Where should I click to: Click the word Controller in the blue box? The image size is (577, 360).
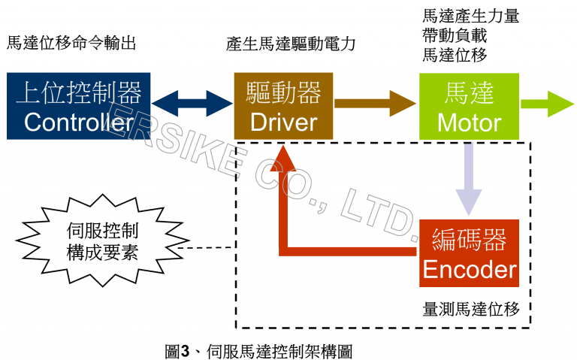(x=78, y=122)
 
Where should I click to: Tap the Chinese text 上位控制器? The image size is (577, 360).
(x=78, y=92)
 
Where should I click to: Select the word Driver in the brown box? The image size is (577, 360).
(x=284, y=122)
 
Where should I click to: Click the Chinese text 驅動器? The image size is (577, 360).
(x=284, y=92)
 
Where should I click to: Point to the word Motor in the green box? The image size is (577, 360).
(x=469, y=122)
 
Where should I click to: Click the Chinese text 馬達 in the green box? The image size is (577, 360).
(x=469, y=93)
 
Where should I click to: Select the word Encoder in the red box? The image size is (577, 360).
(x=470, y=269)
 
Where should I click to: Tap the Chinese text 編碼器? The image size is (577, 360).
(x=470, y=240)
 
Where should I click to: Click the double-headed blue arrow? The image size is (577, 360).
(x=192, y=105)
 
